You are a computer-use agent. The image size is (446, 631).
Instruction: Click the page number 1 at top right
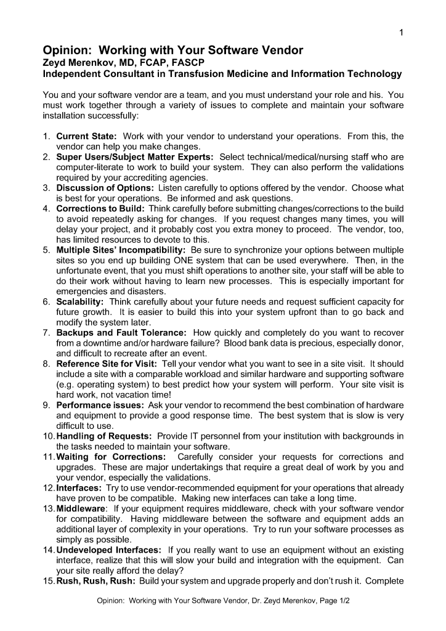pyautogui.click(x=401, y=33)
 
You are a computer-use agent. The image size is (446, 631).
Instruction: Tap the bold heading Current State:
pyautogui.click(x=87, y=136)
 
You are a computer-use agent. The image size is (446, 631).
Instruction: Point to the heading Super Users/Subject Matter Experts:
pyautogui.click(x=135, y=157)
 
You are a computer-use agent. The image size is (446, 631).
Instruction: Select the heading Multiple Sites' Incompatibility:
pyautogui.click(x=121, y=250)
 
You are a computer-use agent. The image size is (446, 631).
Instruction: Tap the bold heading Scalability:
pyautogui.click(x=80, y=302)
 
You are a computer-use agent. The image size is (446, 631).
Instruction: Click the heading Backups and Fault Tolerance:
pyautogui.click(x=122, y=333)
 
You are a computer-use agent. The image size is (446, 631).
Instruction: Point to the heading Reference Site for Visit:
pyautogui.click(x=108, y=364)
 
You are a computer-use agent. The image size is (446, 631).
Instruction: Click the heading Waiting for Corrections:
pyautogui.click(x=111, y=457)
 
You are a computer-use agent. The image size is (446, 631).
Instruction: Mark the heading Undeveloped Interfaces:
pyautogui.click(x=109, y=550)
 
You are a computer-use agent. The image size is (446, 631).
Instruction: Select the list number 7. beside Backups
pyautogui.click(x=47, y=333)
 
